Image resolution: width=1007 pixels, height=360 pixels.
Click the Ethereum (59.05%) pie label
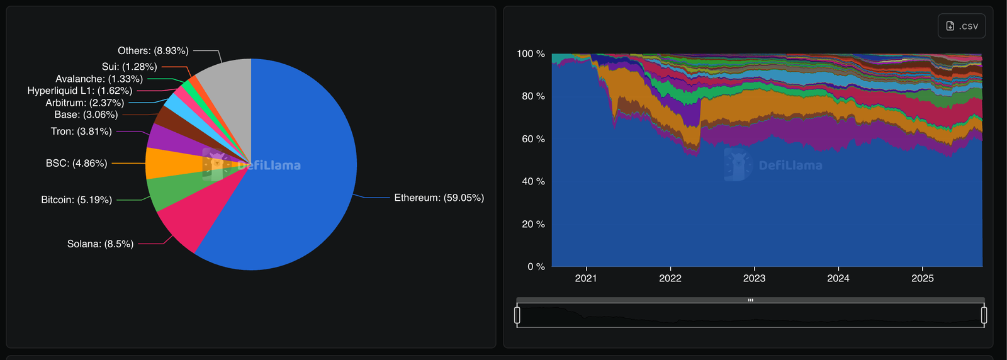tap(439, 198)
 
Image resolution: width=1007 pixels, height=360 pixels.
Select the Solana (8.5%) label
tap(100, 244)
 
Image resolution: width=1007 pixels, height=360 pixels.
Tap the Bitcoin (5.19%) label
tap(76, 200)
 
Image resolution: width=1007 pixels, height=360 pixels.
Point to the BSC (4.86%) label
tap(76, 163)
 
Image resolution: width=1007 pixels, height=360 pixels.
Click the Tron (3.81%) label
tap(81, 132)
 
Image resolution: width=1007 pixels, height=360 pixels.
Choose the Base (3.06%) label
tap(86, 115)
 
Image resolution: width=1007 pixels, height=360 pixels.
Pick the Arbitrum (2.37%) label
tap(84, 103)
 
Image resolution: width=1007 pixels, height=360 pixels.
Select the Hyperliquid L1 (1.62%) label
tap(79, 91)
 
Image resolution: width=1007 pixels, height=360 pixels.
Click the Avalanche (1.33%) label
tap(99, 79)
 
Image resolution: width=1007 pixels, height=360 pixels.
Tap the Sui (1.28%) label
tap(129, 67)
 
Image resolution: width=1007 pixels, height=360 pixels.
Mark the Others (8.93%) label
tap(153, 50)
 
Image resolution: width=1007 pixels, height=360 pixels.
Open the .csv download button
tap(962, 26)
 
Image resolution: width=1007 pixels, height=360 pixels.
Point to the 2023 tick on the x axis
tap(754, 278)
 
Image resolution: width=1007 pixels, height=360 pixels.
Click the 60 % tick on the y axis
tap(533, 138)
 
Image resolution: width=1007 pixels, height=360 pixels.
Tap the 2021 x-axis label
tap(586, 278)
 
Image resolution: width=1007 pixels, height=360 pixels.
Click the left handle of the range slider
tap(517, 315)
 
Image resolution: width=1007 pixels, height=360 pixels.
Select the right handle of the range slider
tap(984, 315)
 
